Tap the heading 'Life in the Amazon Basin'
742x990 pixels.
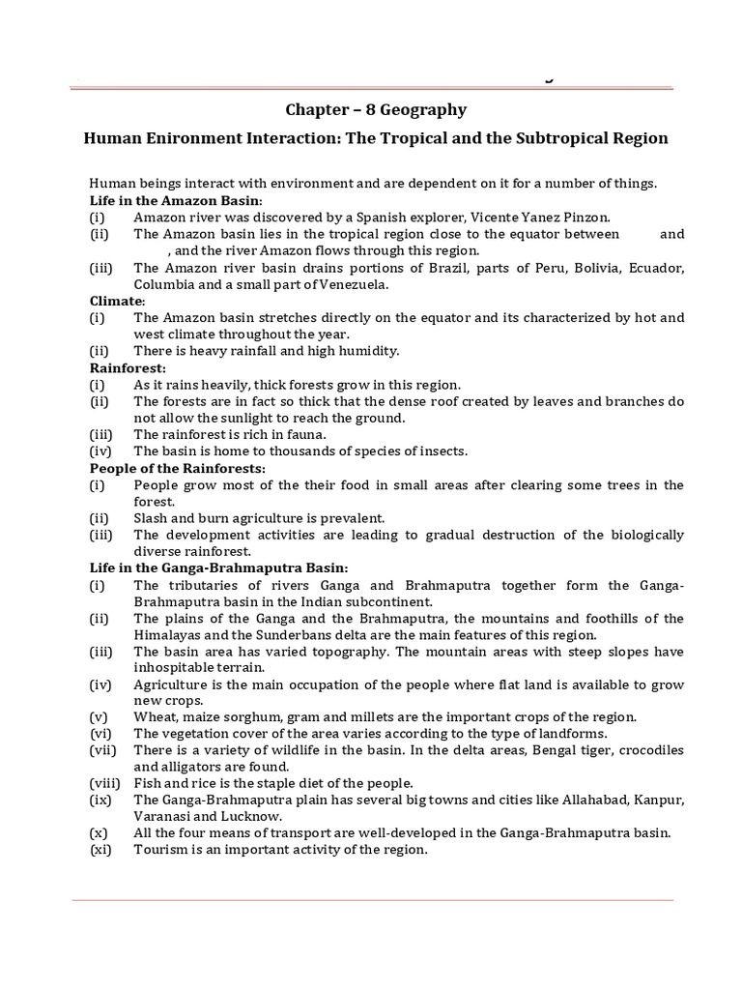[x=169, y=201]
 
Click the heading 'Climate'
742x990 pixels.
[x=115, y=301]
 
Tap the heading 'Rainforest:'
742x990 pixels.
[x=128, y=367]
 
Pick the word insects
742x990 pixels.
[x=441, y=451]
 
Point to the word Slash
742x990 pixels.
[x=151, y=517]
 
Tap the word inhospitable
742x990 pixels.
[x=178, y=667]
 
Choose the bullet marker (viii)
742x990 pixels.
[x=104, y=783]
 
